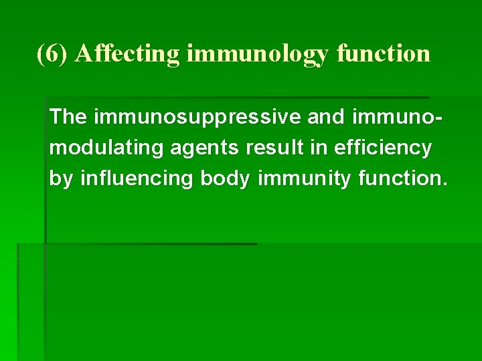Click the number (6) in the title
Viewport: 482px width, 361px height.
tap(53, 53)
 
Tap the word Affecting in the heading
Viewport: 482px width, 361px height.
tap(128, 53)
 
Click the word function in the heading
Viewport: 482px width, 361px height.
tap(384, 53)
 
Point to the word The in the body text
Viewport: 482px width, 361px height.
tap(68, 117)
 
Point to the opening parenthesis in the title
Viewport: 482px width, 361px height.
tap(40, 53)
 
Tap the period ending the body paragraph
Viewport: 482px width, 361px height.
tap(443, 184)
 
